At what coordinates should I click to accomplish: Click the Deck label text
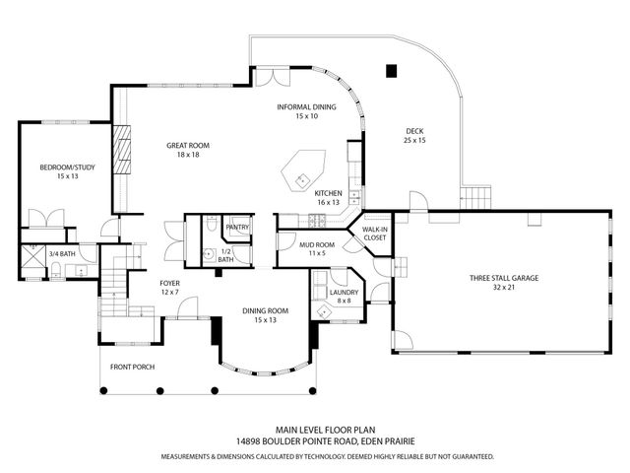[414, 136]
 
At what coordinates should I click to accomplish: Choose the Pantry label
[237, 228]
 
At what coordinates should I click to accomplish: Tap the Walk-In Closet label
[375, 233]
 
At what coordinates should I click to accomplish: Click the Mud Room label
[318, 248]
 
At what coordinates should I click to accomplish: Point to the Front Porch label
[132, 367]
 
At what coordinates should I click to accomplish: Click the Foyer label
[169, 288]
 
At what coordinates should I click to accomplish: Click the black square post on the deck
[391, 70]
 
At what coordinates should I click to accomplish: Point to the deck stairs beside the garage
[476, 196]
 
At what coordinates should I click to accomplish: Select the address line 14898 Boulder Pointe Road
[314, 443]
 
